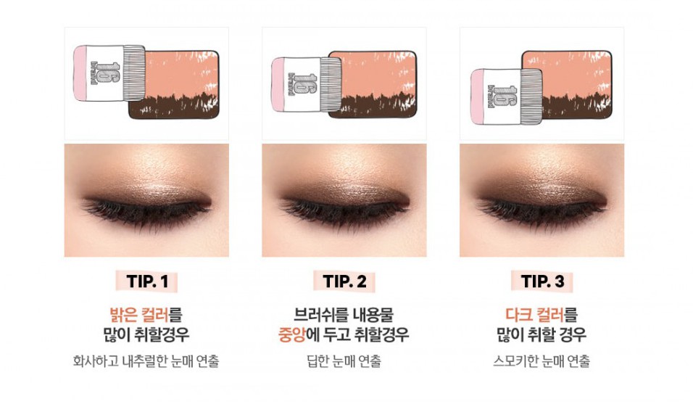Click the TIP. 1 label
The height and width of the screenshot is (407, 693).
pos(147,281)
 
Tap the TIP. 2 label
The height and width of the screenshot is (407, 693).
pos(345,281)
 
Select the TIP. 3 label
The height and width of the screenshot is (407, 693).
pos(542,281)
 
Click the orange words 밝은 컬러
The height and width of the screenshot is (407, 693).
pos(138,315)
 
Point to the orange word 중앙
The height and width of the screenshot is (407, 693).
pos(291,334)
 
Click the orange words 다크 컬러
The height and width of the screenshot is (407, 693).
pos(534,315)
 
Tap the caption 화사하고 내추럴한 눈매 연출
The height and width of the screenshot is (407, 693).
pos(146,361)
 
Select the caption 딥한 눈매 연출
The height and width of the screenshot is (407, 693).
pos(344,361)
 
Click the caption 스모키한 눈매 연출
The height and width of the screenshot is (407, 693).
pos(541,361)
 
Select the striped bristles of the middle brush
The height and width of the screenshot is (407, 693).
pos(331,84)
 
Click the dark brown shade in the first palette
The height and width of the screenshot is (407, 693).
pos(175,107)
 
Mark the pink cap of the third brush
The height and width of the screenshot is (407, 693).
pos(477,96)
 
